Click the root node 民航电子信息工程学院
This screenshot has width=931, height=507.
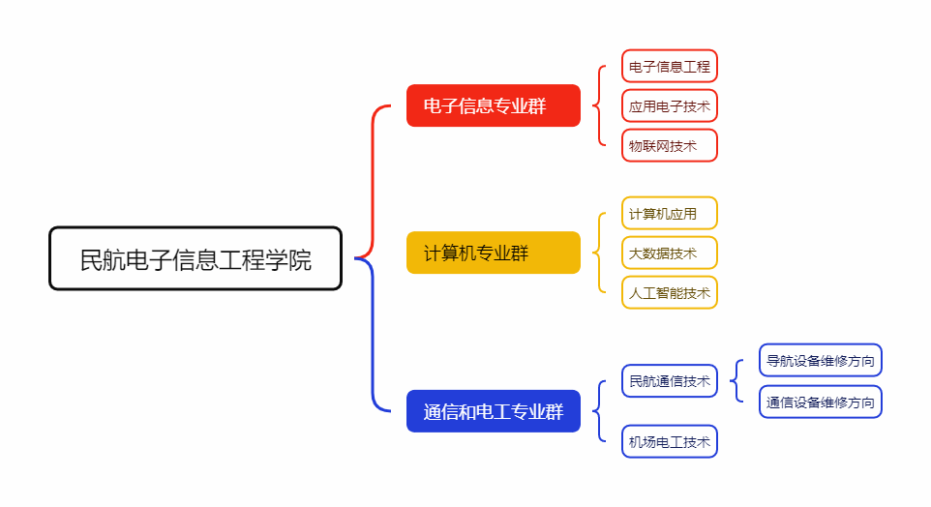(x=195, y=259)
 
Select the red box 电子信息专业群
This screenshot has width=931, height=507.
(x=493, y=105)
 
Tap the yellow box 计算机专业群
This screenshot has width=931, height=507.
(x=493, y=253)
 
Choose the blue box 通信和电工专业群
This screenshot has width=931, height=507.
(x=493, y=411)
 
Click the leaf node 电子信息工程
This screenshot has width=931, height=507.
(x=669, y=67)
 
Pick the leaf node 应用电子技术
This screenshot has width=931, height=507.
(x=669, y=106)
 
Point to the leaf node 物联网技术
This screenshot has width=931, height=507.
(x=669, y=146)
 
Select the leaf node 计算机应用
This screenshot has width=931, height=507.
(x=669, y=214)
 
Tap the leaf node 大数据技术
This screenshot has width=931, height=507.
(x=669, y=253)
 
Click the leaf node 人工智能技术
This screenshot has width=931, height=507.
(x=669, y=292)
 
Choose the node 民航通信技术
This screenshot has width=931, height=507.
(x=669, y=381)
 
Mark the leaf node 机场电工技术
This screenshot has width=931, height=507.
(x=669, y=442)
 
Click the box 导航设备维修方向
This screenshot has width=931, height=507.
(x=821, y=361)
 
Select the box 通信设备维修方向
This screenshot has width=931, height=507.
(x=821, y=402)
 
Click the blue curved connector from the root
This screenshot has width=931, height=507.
(x=374, y=339)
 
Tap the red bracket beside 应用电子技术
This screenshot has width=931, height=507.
(x=599, y=106)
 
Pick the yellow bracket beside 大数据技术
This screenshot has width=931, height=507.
(x=599, y=253)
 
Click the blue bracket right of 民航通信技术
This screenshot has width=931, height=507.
(x=737, y=381)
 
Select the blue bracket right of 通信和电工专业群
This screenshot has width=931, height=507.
(x=599, y=411)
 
